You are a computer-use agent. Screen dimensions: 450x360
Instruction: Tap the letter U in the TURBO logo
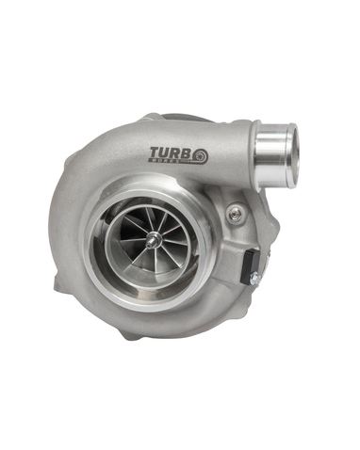coord(167,153)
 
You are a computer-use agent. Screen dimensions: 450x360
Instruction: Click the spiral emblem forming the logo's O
coord(204,154)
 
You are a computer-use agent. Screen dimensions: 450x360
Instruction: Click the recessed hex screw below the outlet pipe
coord(235,215)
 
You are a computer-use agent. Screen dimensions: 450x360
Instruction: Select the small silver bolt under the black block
coord(253,279)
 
